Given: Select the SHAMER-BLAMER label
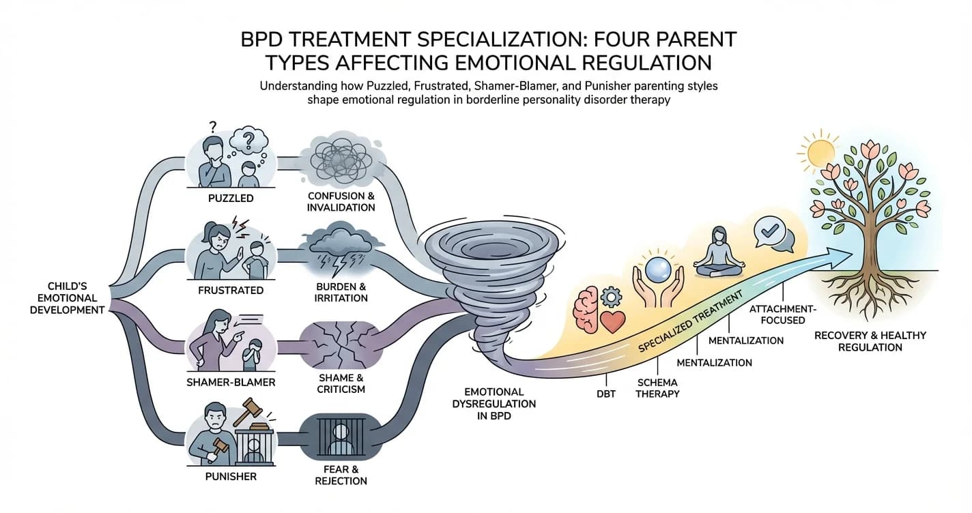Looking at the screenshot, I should coord(231,382).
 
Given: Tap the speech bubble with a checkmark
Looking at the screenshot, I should coord(774,232).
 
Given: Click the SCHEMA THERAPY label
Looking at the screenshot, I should coord(658,388).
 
